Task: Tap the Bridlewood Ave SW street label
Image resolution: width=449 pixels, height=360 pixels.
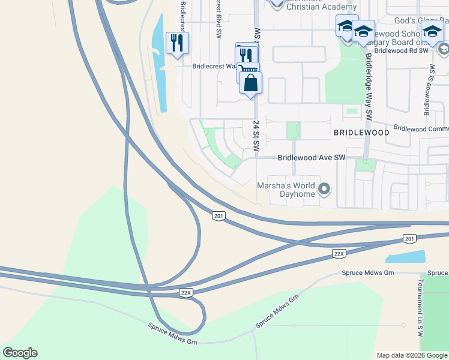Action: click(x=312, y=158)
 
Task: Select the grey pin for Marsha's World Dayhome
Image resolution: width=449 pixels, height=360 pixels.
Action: click(x=324, y=190)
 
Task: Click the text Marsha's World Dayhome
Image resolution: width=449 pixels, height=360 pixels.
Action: click(x=285, y=190)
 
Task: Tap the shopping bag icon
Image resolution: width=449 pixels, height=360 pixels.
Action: click(x=251, y=82)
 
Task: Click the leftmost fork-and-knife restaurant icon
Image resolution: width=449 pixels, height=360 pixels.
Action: click(x=177, y=43)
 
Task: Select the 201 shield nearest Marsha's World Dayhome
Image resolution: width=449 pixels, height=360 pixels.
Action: click(x=218, y=216)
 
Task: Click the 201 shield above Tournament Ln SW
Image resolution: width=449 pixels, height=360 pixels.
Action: click(x=409, y=239)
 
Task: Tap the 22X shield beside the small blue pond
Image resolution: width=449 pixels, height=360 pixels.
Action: click(x=339, y=254)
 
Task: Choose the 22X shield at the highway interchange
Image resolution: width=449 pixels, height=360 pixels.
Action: click(x=186, y=292)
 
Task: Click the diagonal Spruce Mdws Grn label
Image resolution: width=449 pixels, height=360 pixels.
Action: click(x=277, y=311)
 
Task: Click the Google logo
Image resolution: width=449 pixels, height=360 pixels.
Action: click(x=20, y=353)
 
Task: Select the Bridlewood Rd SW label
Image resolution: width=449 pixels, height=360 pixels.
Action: click(x=401, y=52)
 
